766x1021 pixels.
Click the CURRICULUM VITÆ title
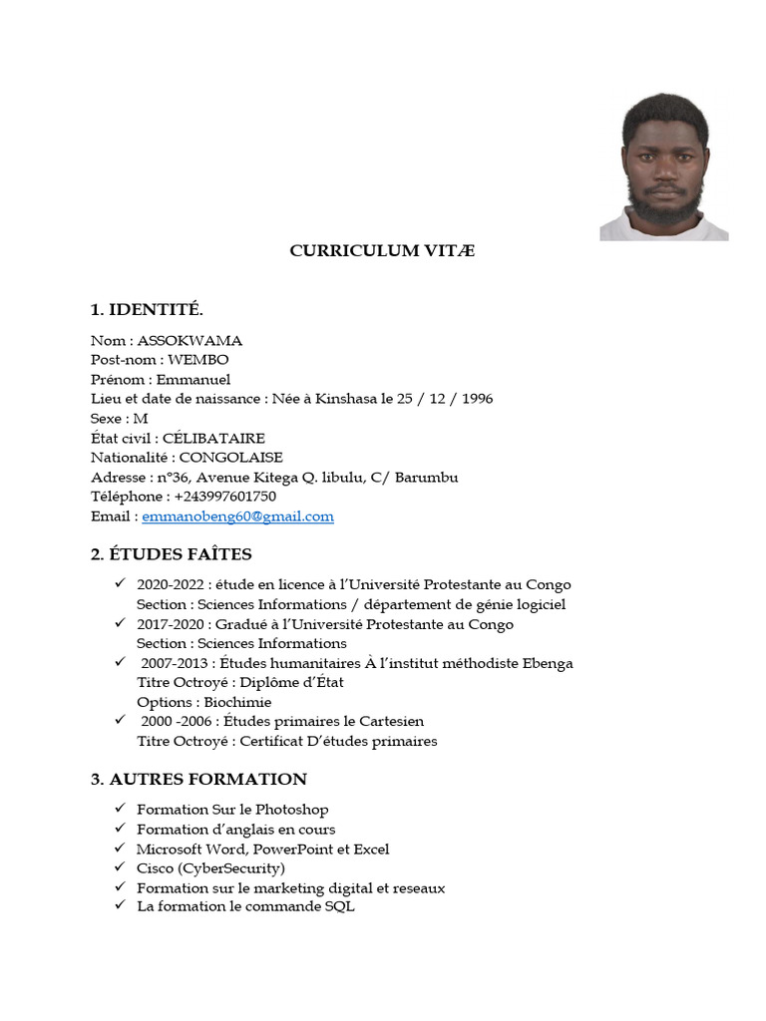coord(382,250)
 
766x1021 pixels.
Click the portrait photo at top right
coord(663,167)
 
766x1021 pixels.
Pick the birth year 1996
coord(475,399)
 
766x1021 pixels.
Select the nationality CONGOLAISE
coord(230,458)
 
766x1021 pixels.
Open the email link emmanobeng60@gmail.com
coord(237,516)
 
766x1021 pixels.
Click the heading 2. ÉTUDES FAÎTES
coord(171,554)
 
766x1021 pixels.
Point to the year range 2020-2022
coord(169,585)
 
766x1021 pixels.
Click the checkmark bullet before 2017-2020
coord(119,623)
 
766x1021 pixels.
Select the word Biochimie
coord(237,702)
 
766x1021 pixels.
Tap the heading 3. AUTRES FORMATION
coord(198,779)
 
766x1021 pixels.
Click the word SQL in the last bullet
coord(339,907)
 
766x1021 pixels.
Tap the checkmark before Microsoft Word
coord(119,849)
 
